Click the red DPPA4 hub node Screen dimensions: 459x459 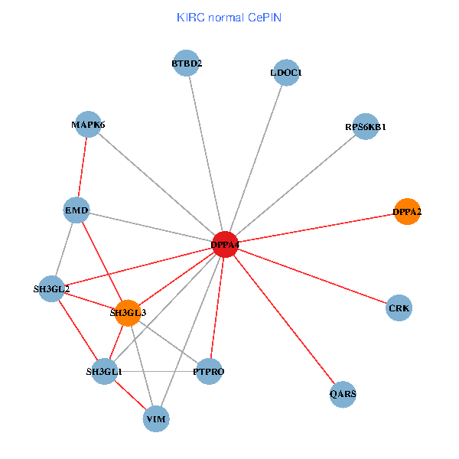pos(225,245)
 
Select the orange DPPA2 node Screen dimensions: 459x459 pos(407,212)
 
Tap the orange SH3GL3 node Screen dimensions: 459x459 pos(128,312)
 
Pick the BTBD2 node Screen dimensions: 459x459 pos(187,63)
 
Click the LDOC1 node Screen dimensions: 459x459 pos(286,73)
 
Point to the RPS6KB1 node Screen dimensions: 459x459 pos(366,127)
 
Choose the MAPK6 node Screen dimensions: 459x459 pos(88,124)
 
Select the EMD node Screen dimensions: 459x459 pos(76,210)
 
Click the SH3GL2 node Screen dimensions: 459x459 pos(51,289)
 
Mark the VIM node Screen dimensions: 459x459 pos(156,418)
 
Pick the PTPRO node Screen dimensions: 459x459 pos(209,372)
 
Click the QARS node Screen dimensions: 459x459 pos(343,395)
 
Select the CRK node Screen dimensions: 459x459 pos(399,308)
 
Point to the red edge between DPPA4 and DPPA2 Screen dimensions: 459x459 pos(316,228)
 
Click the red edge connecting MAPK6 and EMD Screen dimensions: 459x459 pos(83,167)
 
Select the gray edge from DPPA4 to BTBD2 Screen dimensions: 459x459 pos(206,154)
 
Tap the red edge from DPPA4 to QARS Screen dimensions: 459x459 pos(284,320)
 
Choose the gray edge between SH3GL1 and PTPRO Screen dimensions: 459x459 pos(156,372)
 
